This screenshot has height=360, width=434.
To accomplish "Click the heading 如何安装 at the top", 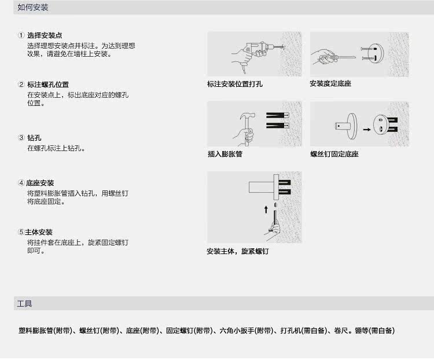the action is [x=33, y=8].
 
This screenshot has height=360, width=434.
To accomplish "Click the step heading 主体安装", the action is [x=42, y=232].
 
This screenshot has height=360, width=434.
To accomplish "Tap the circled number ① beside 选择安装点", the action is [x=21, y=36].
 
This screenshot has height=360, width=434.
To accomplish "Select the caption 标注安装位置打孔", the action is [x=235, y=85].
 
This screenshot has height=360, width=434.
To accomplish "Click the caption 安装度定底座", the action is [x=330, y=84].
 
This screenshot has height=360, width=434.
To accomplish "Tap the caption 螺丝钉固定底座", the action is [x=334, y=155].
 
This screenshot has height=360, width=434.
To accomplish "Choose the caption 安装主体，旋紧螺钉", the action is [x=237, y=252].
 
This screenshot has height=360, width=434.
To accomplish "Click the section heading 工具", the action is [x=25, y=304].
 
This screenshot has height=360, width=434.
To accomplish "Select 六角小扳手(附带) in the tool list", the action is [x=245, y=331].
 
